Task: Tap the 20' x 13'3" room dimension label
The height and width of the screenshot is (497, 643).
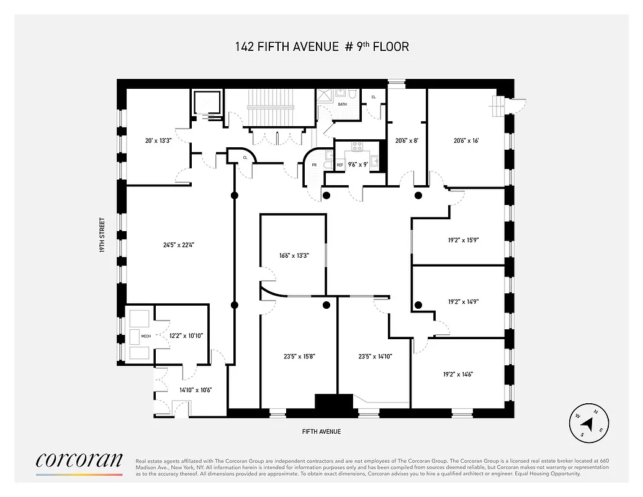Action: pyautogui.click(x=158, y=140)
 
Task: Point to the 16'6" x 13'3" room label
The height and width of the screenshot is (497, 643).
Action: pyautogui.click(x=293, y=255)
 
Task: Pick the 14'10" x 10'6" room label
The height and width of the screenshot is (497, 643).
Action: pyautogui.click(x=196, y=390)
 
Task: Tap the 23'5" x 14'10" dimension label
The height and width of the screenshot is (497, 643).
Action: pyautogui.click(x=375, y=357)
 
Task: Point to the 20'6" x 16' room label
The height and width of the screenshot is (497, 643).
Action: pyautogui.click(x=466, y=140)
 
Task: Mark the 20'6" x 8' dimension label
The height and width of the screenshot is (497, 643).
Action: pyautogui.click(x=407, y=140)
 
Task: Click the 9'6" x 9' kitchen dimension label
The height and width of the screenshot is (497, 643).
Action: pyautogui.click(x=357, y=165)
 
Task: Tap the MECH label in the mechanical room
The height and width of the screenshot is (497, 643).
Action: pyautogui.click(x=146, y=336)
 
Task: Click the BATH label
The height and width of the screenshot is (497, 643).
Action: pyautogui.click(x=342, y=104)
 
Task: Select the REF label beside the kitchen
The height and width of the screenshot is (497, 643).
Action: pyautogui.click(x=340, y=165)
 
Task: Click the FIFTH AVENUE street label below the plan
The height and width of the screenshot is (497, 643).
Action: pyautogui.click(x=321, y=432)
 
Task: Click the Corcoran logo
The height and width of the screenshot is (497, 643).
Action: pyautogui.click(x=79, y=460)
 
